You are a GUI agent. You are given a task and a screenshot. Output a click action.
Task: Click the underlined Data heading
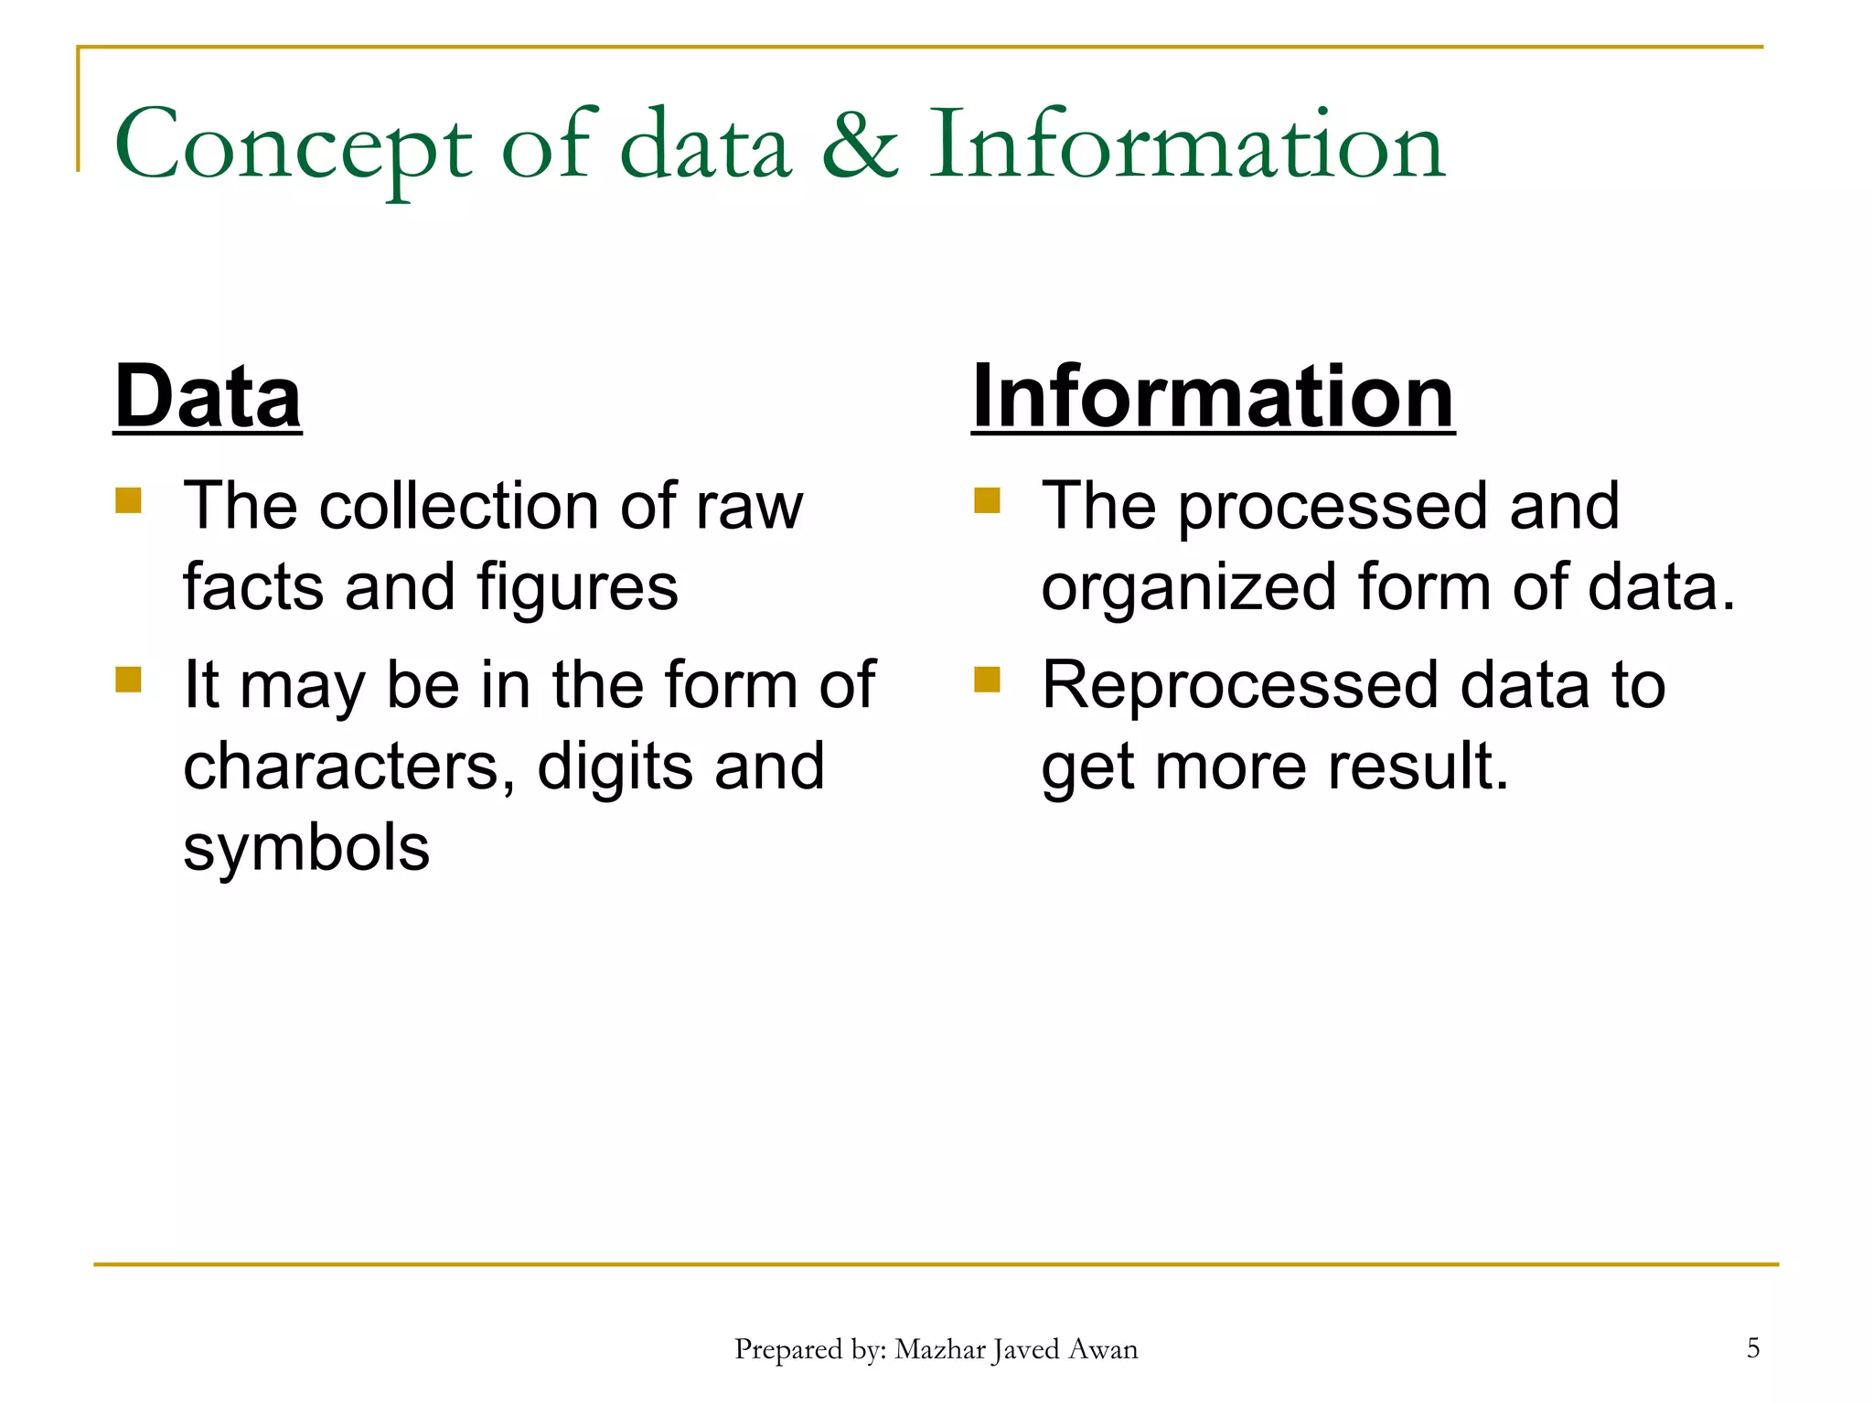point(208,396)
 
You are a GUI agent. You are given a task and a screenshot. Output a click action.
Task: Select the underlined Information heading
point(1213,396)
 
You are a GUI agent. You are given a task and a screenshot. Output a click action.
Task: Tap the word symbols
point(306,847)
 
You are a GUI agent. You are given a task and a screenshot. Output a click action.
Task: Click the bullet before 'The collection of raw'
point(129,500)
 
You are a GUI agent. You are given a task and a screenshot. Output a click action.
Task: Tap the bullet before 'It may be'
point(129,680)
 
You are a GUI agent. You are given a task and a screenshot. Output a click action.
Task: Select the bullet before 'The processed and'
point(987,500)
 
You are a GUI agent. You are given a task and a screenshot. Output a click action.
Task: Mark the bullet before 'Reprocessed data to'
point(987,680)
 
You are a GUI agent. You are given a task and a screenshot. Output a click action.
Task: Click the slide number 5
point(1753,1347)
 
